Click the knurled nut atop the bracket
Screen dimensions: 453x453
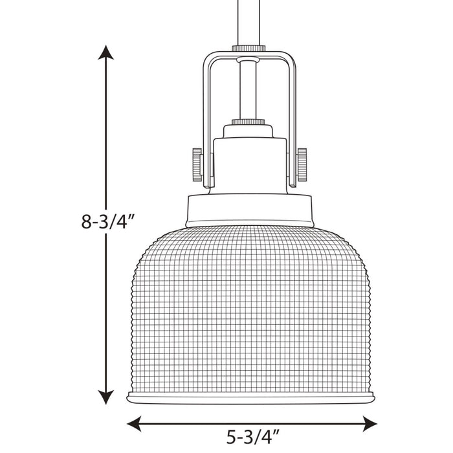coord(249,47)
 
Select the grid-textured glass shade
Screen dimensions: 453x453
coord(249,304)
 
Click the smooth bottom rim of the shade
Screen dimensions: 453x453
coord(249,394)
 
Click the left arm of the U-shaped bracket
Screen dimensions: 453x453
coord(205,123)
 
